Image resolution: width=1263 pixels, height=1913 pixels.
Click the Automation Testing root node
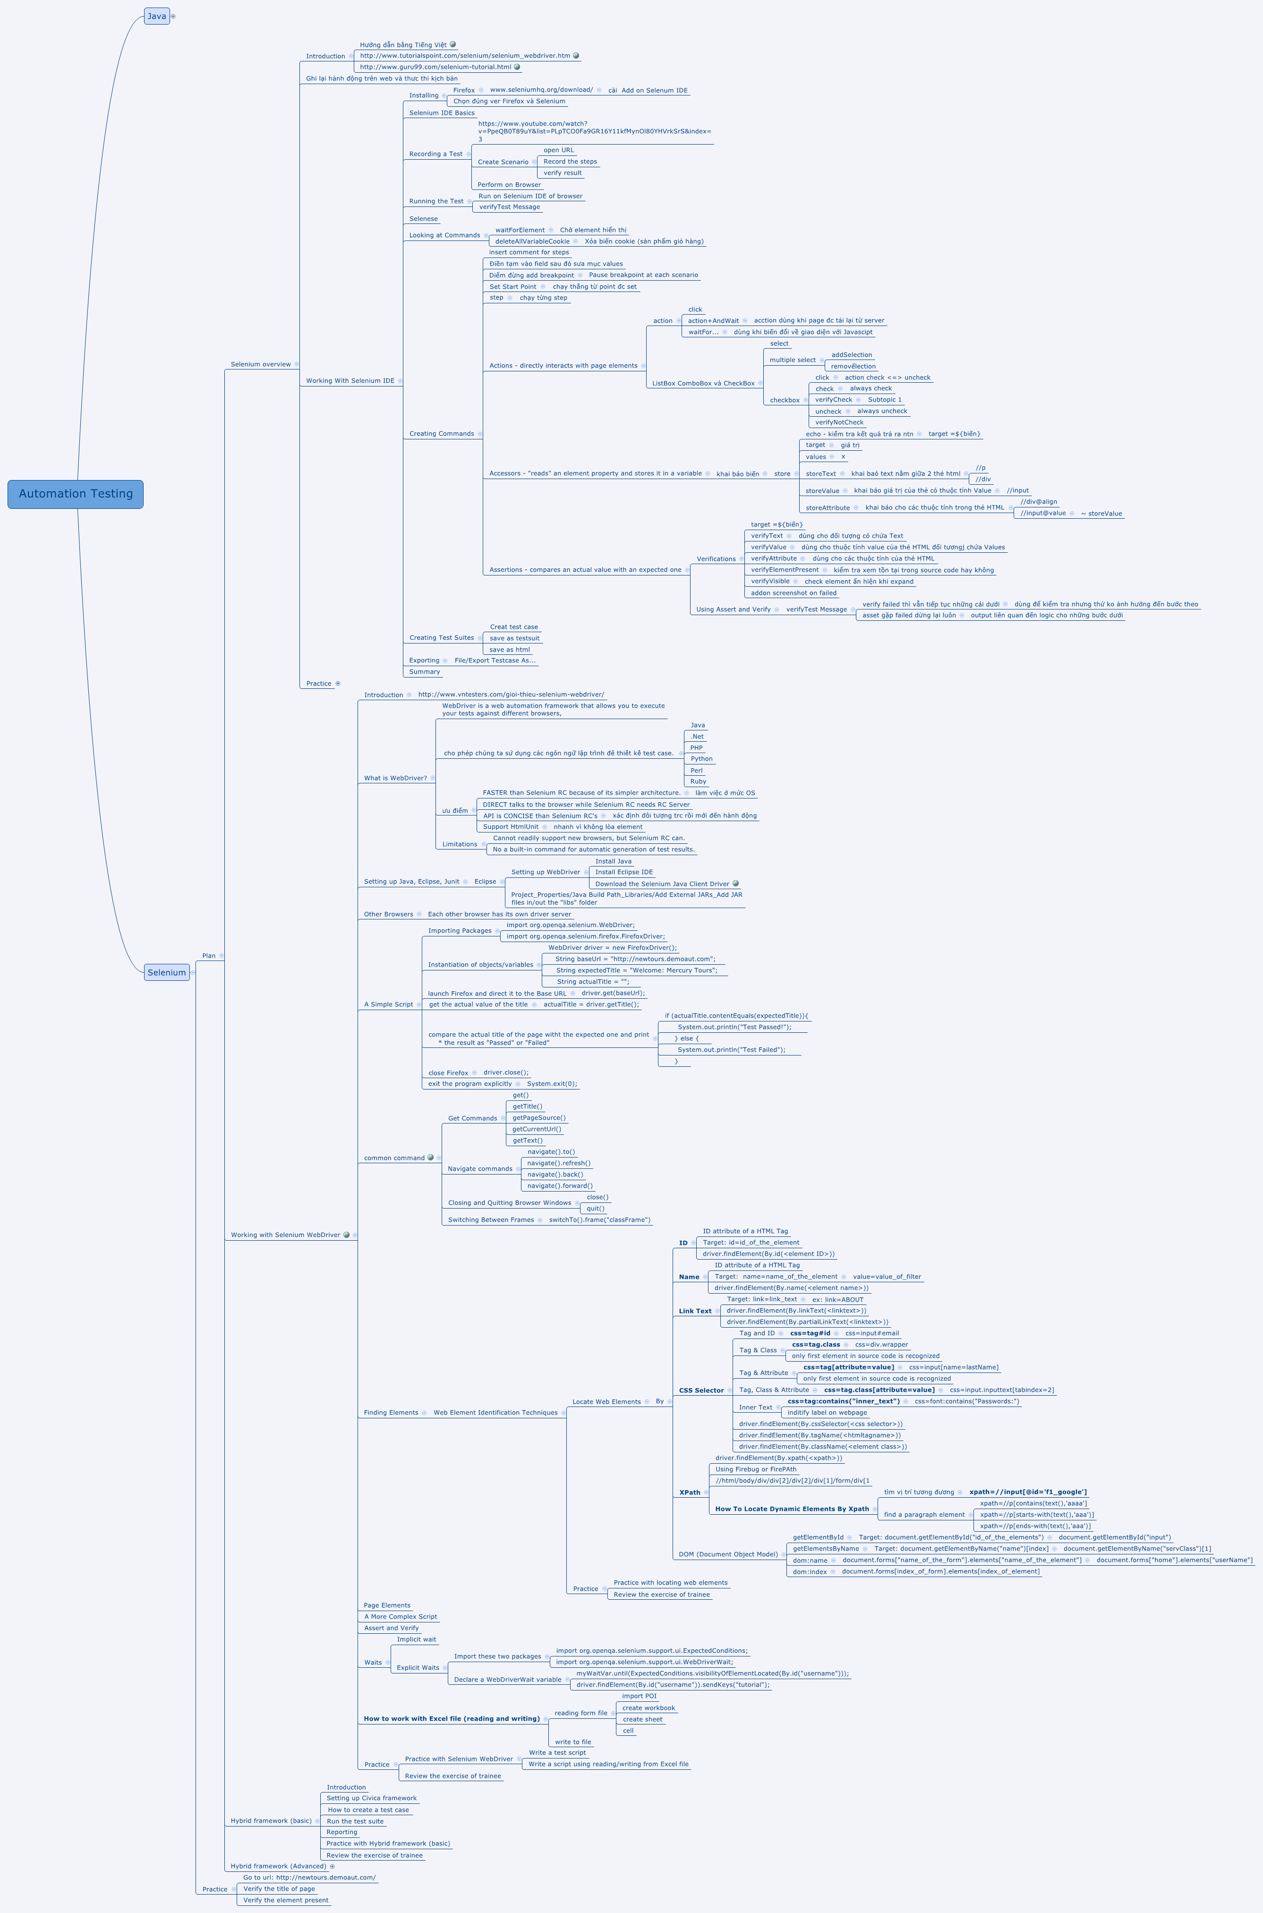tap(76, 494)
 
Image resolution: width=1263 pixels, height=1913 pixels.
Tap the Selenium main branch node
tap(167, 972)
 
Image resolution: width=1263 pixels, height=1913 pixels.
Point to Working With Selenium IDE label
tap(350, 381)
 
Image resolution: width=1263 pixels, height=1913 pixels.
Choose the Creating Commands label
tap(442, 433)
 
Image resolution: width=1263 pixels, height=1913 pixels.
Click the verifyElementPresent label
tap(785, 569)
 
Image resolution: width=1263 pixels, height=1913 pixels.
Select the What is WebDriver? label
tap(395, 778)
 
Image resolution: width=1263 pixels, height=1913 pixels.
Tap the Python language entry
tap(701, 759)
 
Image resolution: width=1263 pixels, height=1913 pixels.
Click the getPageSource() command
tap(539, 1118)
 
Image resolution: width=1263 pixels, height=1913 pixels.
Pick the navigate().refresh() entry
tap(558, 1163)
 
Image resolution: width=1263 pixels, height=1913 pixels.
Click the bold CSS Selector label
tap(701, 1390)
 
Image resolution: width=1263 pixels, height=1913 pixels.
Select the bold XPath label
tap(690, 1493)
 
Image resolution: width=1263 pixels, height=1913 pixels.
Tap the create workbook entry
tap(649, 1707)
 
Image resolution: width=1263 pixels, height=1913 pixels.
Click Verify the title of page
tap(279, 1889)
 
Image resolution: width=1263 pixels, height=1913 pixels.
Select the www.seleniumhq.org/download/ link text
tap(541, 90)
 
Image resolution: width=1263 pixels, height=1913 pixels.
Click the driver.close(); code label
tap(506, 1073)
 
